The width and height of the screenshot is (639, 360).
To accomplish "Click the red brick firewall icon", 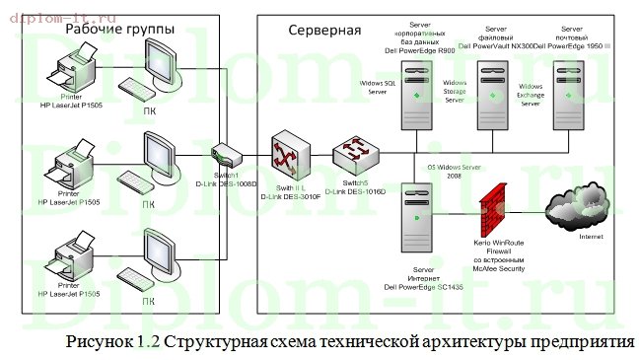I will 491,208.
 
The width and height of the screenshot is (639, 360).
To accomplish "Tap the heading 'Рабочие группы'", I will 120,31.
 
